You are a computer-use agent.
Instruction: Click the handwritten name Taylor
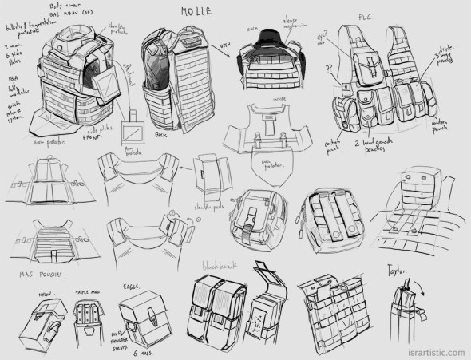pyautogui.click(x=399, y=269)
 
